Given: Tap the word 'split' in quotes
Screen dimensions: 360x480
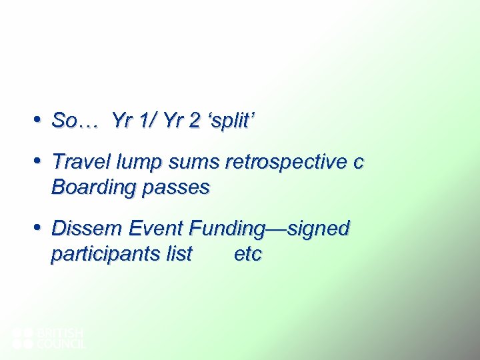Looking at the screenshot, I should click(231, 121).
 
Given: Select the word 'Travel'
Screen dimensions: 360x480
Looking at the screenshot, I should click(81, 162).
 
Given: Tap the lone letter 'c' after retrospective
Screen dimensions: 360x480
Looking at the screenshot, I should click(359, 163).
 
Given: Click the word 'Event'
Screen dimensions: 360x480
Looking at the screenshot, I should click(156, 229).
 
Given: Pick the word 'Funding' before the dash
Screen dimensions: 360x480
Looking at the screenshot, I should click(227, 229).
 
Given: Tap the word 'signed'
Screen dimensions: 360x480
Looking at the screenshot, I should click(317, 229).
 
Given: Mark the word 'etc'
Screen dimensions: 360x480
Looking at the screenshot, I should click(248, 255).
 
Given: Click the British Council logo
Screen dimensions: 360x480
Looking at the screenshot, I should click(49, 338).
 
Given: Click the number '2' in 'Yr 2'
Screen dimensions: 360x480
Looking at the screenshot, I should click(194, 121).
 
